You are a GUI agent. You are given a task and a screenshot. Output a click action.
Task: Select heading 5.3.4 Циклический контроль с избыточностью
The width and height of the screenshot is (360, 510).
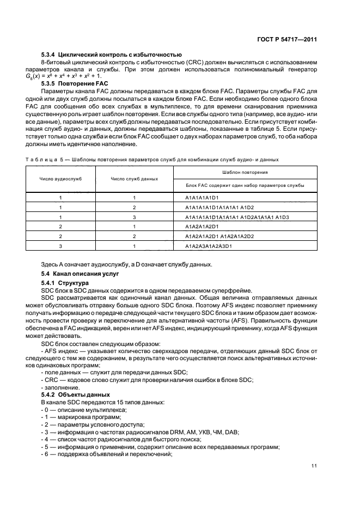(112, 54)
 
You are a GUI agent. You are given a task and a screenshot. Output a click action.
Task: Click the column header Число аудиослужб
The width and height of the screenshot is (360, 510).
(60, 178)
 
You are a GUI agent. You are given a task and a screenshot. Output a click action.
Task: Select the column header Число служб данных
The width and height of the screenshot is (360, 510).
(134, 178)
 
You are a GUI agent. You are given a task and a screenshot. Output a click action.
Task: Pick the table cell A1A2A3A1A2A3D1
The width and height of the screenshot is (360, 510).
(209, 246)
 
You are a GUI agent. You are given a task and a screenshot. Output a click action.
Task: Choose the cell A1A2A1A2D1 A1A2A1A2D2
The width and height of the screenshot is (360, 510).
(219, 236)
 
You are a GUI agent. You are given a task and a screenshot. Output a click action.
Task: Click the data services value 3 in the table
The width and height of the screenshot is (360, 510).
(134, 217)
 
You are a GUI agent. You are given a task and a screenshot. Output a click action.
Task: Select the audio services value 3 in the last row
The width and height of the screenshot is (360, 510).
(60, 246)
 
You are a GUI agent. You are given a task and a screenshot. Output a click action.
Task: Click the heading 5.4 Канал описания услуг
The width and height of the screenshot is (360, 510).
(81, 273)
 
